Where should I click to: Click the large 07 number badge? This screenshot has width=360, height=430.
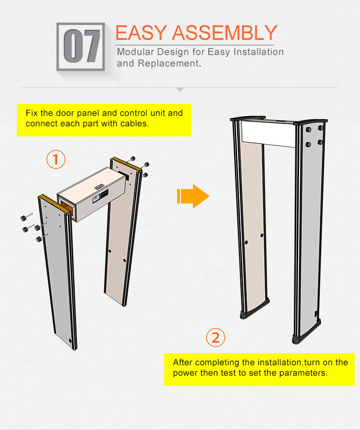pyautogui.click(x=81, y=47)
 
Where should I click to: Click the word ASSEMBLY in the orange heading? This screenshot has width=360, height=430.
pyautogui.click(x=224, y=33)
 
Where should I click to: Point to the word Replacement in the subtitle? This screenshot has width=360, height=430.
pyautogui.click(x=168, y=63)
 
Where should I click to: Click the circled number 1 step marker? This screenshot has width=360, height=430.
pyautogui.click(x=56, y=159)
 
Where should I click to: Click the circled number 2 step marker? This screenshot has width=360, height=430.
pyautogui.click(x=216, y=337)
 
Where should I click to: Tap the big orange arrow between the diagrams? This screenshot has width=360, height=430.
pyautogui.click(x=193, y=196)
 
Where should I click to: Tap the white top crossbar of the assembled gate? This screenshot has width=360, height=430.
pyautogui.click(x=268, y=134)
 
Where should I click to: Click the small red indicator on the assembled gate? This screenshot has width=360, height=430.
pyautogui.click(x=316, y=314)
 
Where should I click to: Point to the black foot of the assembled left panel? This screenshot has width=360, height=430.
pyautogui.click(x=254, y=310)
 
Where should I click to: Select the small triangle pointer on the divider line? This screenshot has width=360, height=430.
pyautogui.click(x=180, y=89)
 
